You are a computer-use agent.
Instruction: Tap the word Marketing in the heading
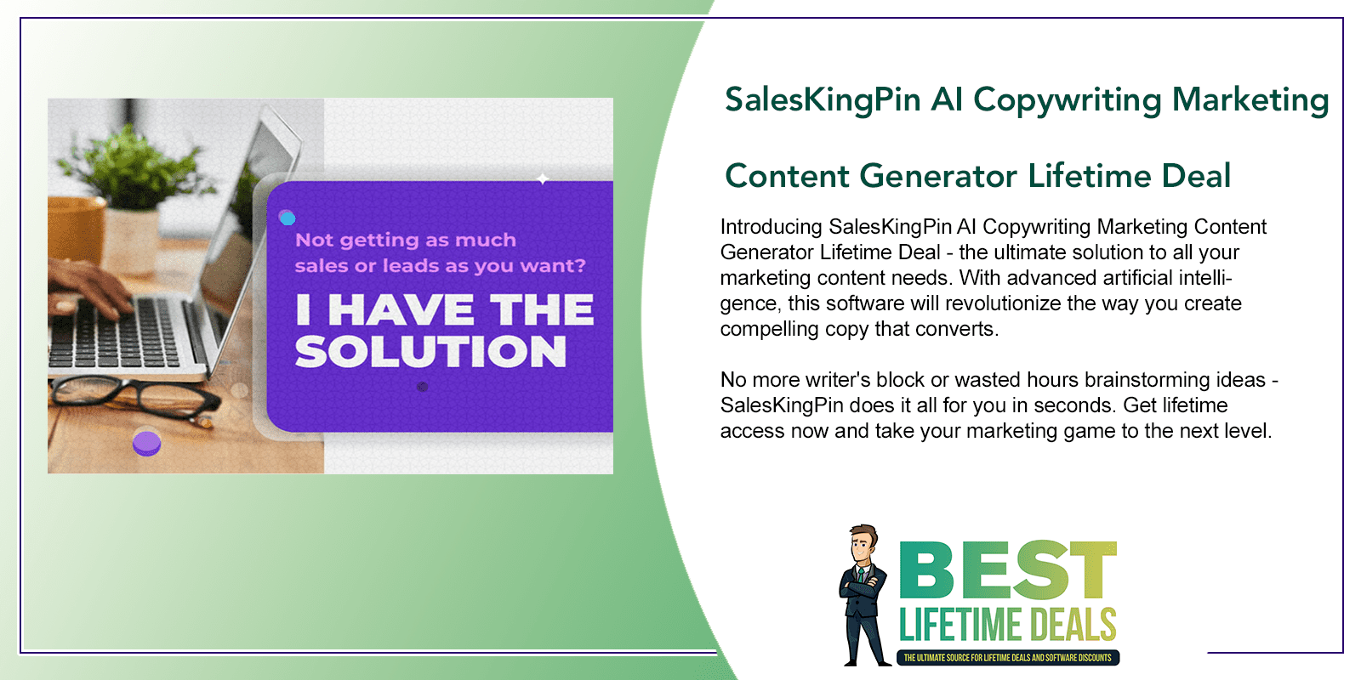1250,101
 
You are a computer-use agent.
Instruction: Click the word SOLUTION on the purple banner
430,351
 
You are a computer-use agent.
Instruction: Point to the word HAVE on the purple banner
401,309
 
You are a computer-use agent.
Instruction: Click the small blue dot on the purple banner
287,218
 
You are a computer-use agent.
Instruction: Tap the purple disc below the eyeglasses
146,443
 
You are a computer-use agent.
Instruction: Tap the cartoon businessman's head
864,545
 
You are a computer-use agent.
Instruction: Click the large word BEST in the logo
1008,570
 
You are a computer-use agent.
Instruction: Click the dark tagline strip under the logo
1008,658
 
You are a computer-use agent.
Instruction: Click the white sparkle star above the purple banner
543,178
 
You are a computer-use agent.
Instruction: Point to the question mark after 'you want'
579,265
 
